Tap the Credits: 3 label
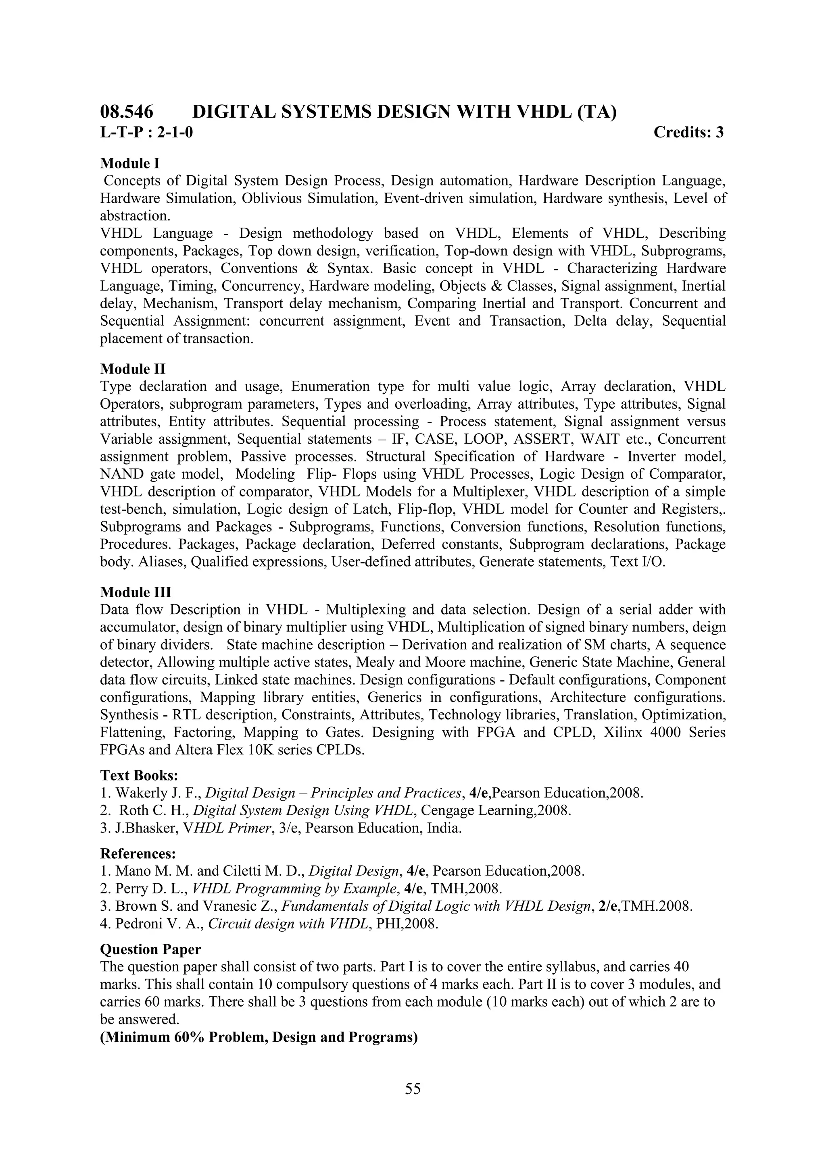tap(688, 133)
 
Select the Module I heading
tap(130, 164)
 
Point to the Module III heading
tap(136, 592)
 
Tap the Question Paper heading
tap(150, 949)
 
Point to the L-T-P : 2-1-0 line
tap(146, 133)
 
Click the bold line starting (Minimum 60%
tap(259, 1037)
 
